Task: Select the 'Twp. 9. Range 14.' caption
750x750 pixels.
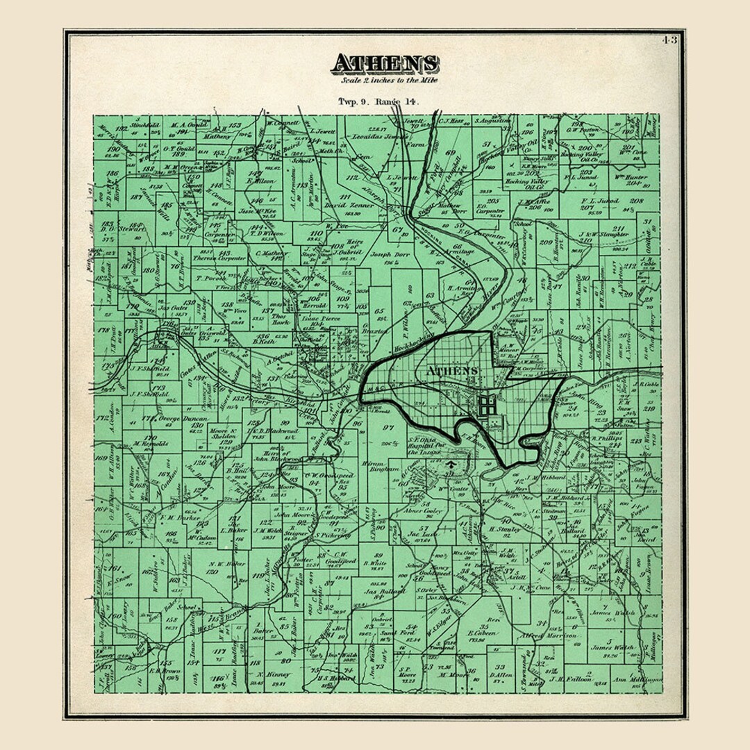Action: pos(378,101)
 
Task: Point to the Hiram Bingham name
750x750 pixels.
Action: pos(381,465)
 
